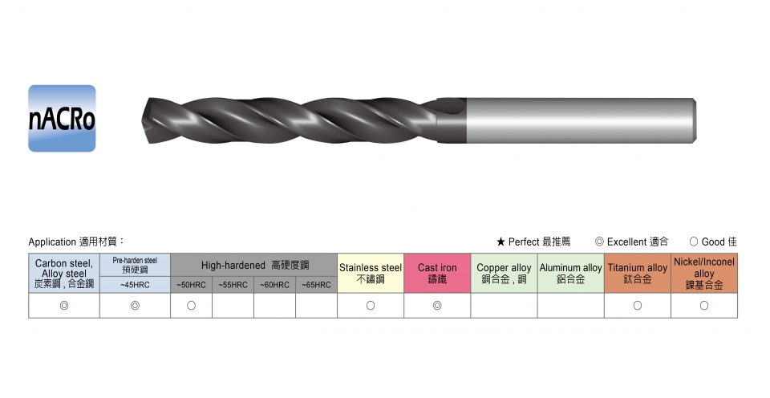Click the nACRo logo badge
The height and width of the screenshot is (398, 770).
[62, 119]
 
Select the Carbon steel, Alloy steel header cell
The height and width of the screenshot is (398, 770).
[64, 273]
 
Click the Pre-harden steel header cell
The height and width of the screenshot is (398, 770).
[135, 266]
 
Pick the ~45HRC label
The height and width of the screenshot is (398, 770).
[135, 285]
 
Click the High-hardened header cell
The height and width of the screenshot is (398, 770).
[254, 266]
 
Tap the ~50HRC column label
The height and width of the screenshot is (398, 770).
[192, 285]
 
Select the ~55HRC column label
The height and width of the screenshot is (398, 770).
[233, 285]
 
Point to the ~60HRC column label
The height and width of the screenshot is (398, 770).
[274, 285]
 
